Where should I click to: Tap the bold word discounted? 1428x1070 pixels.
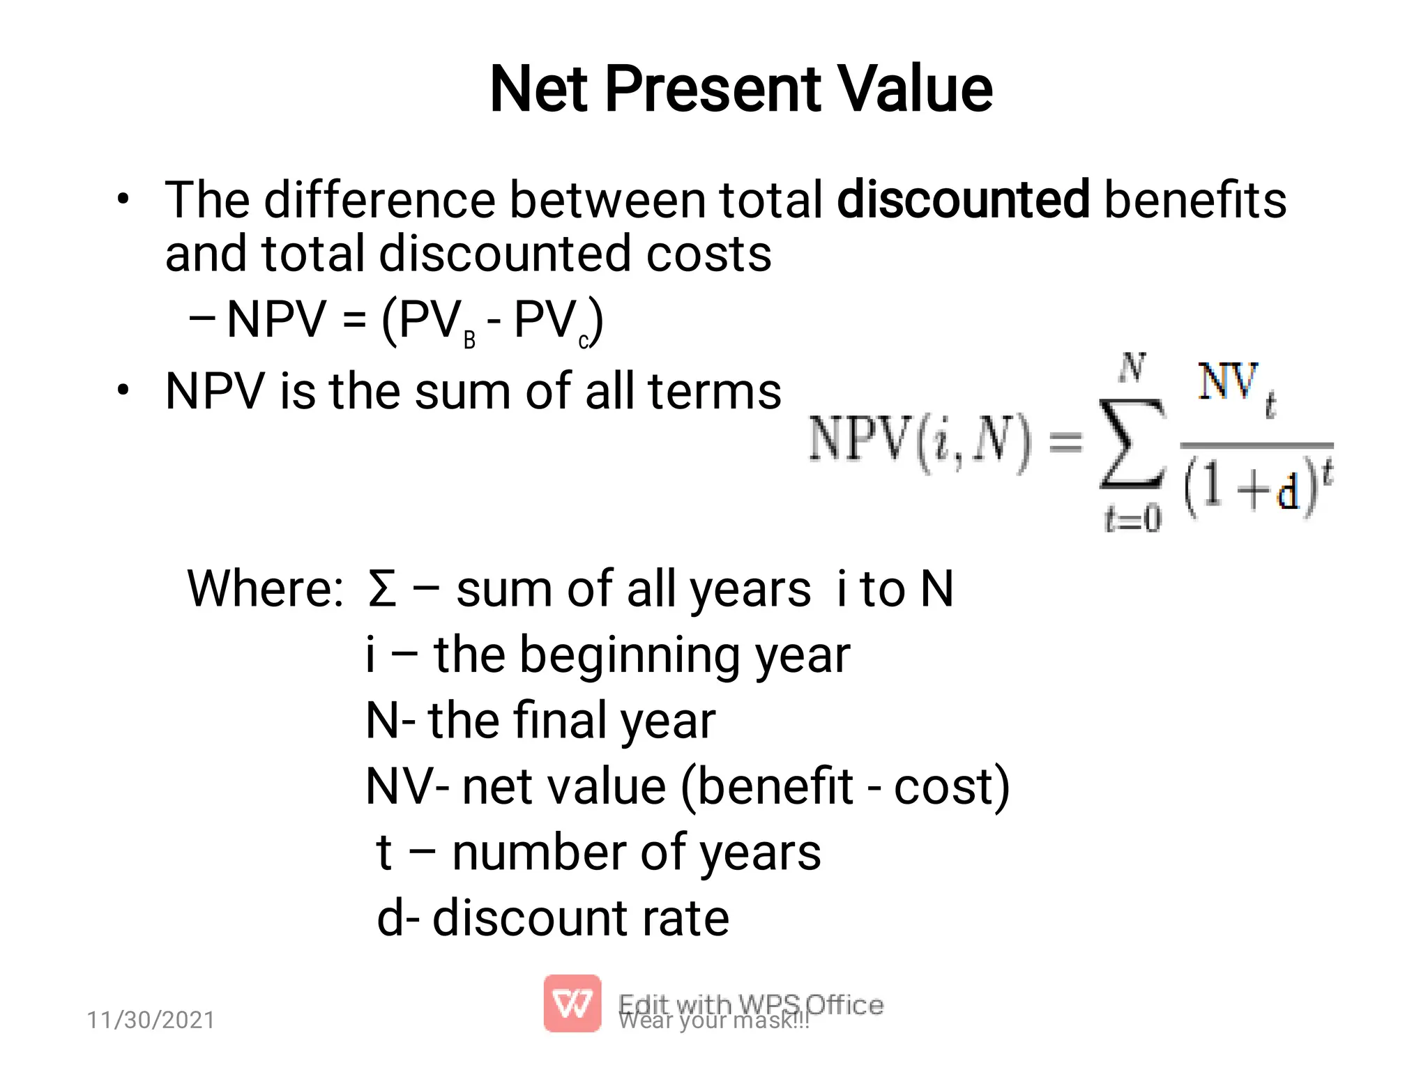coord(963,200)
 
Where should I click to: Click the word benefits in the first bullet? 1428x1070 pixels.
coord(1195,200)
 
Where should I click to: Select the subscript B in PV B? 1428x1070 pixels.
coord(469,340)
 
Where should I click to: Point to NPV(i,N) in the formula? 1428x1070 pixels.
coord(919,441)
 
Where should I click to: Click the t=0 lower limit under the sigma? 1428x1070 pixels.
coord(1132,518)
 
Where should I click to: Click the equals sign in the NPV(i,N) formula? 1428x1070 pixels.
coord(1066,441)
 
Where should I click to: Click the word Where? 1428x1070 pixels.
coord(266,589)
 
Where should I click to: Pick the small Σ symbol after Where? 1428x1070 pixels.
coord(382,589)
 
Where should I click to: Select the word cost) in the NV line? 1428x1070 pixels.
coord(952,786)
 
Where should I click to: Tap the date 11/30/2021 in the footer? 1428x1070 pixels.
coord(151,1020)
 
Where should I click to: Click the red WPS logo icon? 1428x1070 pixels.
coord(572,1003)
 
